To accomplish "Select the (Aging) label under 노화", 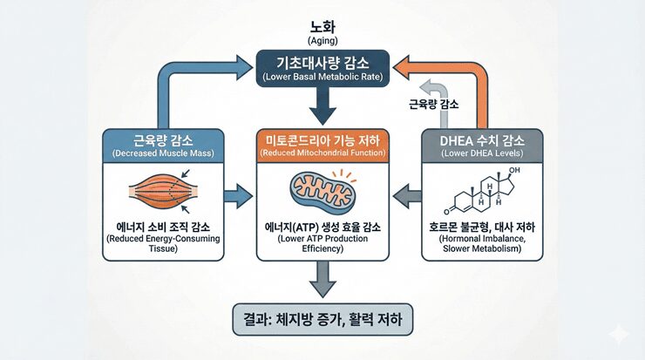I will pyautogui.click(x=322, y=41).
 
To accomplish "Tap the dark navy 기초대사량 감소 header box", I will pyautogui.click(x=322, y=68).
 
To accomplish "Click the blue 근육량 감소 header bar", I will pyautogui.click(x=159, y=145).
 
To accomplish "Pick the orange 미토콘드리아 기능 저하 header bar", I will pyautogui.click(x=322, y=145).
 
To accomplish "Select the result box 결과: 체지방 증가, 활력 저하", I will pyautogui.click(x=322, y=318).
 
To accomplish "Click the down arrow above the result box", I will pyautogui.click(x=322, y=281).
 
